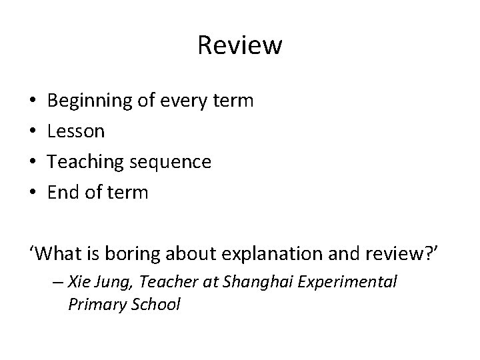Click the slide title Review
240,46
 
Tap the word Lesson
77,132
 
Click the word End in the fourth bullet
64,193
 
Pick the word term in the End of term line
127,193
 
